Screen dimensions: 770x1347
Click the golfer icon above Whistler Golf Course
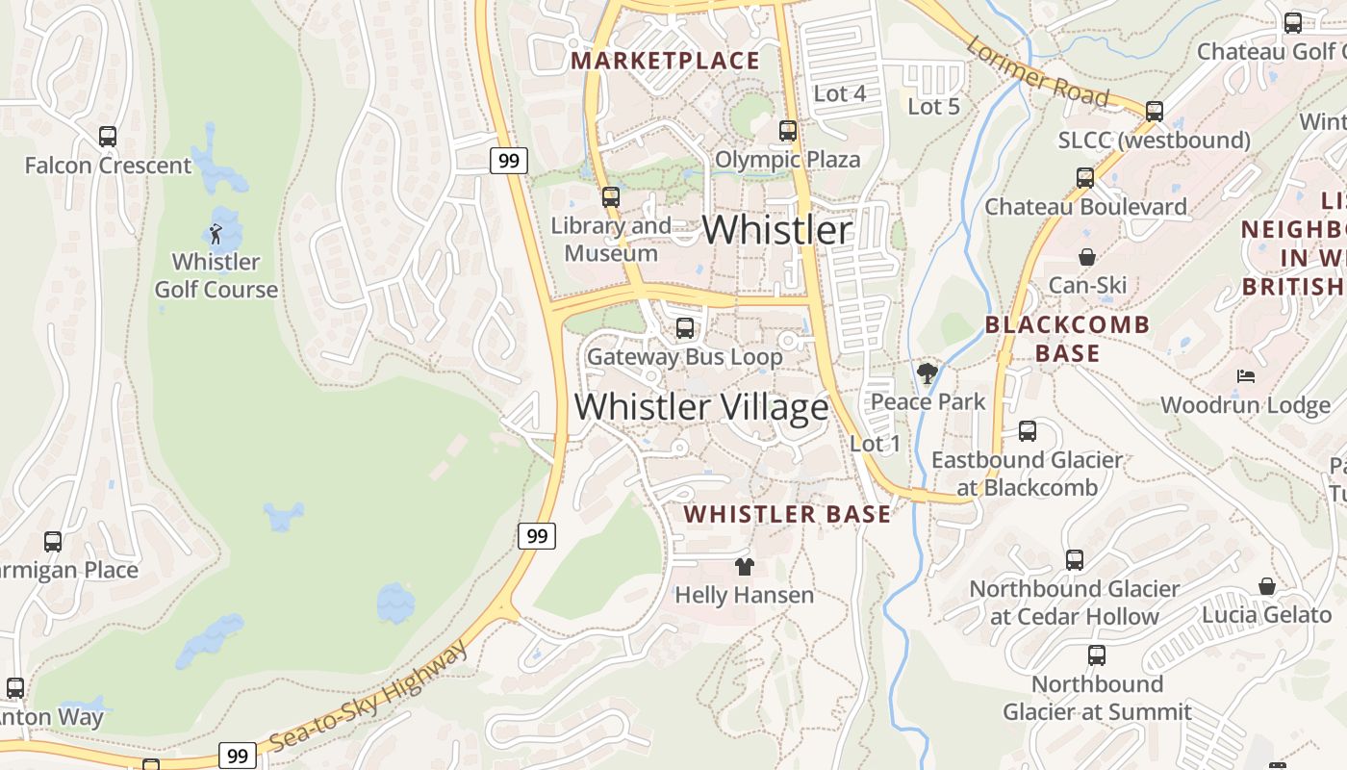click(216, 233)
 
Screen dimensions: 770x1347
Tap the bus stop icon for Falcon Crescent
click(108, 137)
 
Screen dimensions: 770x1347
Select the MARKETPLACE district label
click(666, 62)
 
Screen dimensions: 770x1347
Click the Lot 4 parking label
click(840, 93)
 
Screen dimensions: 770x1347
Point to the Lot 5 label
click(934, 107)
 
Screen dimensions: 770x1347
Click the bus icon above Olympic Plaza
click(788, 130)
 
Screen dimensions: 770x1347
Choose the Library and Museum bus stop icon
click(611, 197)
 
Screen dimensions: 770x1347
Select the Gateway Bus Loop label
click(685, 357)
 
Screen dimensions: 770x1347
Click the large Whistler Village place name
click(701, 406)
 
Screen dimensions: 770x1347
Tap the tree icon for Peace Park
click(928, 372)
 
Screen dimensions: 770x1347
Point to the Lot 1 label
click(876, 444)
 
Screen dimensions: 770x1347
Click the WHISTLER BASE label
click(787, 514)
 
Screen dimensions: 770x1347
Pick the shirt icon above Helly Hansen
click(744, 566)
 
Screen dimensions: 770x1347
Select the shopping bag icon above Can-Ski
click(1087, 257)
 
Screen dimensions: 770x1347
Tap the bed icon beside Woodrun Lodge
click(1246, 375)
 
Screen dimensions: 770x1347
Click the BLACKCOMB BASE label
click(1067, 339)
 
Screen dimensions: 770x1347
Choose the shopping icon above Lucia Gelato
click(1267, 586)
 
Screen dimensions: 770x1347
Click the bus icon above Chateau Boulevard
click(1085, 178)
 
